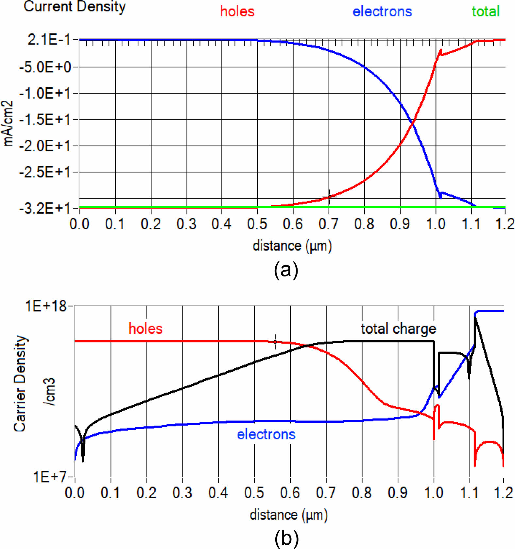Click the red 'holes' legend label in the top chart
(x=237, y=12)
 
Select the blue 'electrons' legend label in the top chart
(x=382, y=12)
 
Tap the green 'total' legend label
(x=486, y=12)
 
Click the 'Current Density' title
(x=75, y=7)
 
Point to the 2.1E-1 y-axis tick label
(x=49, y=40)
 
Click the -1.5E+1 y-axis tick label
(x=45, y=120)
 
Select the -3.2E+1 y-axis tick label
(x=45, y=208)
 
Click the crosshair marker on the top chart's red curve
(x=329, y=197)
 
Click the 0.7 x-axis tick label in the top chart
(x=328, y=224)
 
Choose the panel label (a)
(x=286, y=270)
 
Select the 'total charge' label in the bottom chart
(x=398, y=329)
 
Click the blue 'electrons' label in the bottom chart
(x=266, y=434)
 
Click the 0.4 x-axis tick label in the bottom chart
(x=218, y=493)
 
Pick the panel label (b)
(x=286, y=539)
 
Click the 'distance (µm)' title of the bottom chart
(x=288, y=515)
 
